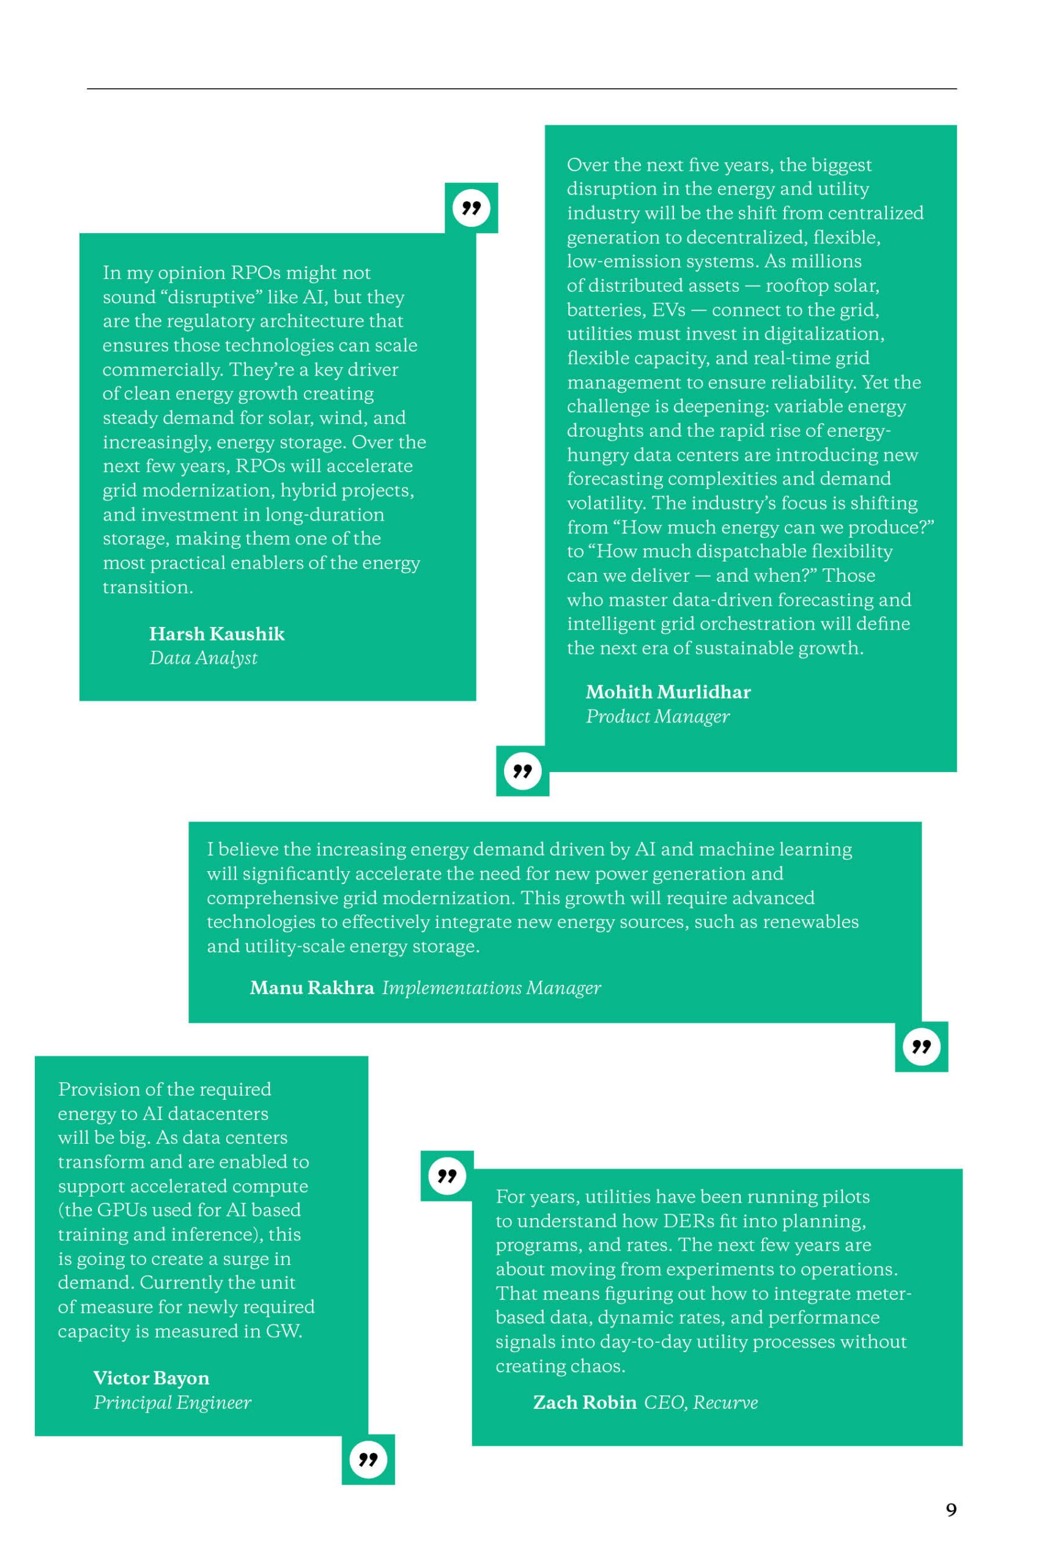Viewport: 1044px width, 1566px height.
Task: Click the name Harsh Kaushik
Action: [x=217, y=633]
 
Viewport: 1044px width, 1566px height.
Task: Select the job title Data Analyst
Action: [x=203, y=658]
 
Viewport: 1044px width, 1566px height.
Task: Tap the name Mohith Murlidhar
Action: [x=668, y=692]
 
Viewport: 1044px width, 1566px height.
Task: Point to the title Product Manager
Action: [x=657, y=716]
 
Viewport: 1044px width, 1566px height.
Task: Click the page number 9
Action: [x=951, y=1509]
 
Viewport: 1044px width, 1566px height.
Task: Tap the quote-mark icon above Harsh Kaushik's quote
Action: [x=472, y=208]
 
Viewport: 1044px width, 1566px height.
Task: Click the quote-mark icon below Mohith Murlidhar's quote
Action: [x=523, y=771]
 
